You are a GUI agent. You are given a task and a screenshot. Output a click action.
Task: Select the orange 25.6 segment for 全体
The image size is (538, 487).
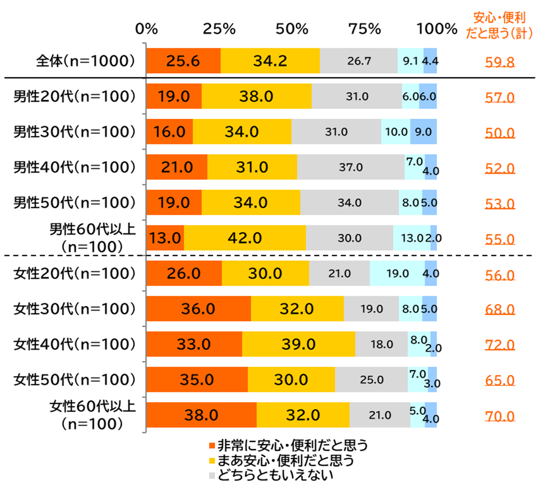(x=183, y=61)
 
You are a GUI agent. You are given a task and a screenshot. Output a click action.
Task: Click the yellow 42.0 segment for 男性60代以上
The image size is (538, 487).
(x=245, y=238)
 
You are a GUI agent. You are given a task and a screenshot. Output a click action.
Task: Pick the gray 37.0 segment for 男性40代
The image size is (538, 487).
(x=350, y=168)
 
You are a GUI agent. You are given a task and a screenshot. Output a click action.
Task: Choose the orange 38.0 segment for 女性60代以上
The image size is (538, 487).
(x=202, y=415)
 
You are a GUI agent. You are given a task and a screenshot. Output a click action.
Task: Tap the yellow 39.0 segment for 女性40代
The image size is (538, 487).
(x=299, y=344)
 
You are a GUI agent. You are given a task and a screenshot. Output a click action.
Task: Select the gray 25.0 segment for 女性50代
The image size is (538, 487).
(x=372, y=380)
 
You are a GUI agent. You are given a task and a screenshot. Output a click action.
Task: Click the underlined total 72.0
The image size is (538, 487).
(x=500, y=345)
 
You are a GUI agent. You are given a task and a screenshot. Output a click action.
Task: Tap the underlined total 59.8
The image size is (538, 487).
(x=500, y=63)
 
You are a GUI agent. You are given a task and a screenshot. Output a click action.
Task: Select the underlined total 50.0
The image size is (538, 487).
(x=500, y=133)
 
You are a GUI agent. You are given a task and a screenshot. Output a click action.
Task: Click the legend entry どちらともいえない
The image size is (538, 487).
(x=275, y=475)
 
